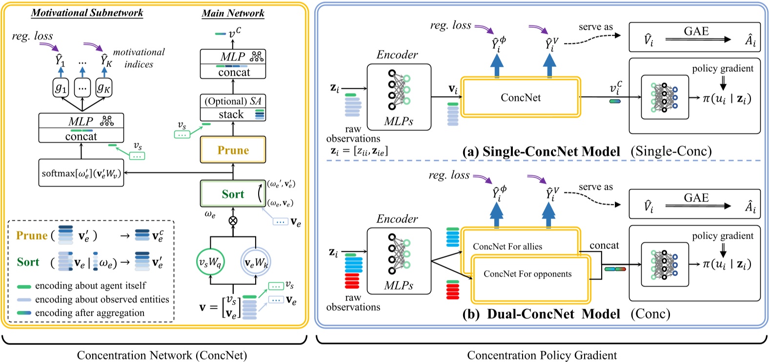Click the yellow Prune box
click(233, 150)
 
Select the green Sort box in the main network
click(233, 194)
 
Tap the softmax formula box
click(81, 173)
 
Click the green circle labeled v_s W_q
click(210, 263)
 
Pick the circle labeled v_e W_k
click(256, 263)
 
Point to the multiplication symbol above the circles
click(233, 221)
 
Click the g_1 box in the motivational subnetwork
click(61, 88)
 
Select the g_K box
click(103, 88)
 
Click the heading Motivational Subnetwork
click(87, 13)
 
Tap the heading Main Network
click(233, 13)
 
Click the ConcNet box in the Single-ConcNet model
click(521, 98)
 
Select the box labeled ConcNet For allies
click(507, 247)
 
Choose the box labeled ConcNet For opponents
click(527, 274)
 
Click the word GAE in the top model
click(696, 31)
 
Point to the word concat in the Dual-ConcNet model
click(604, 245)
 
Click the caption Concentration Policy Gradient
click(542, 355)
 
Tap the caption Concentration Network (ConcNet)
click(162, 355)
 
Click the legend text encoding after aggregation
click(90, 313)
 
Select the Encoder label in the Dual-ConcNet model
click(397, 219)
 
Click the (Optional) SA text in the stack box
click(233, 101)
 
